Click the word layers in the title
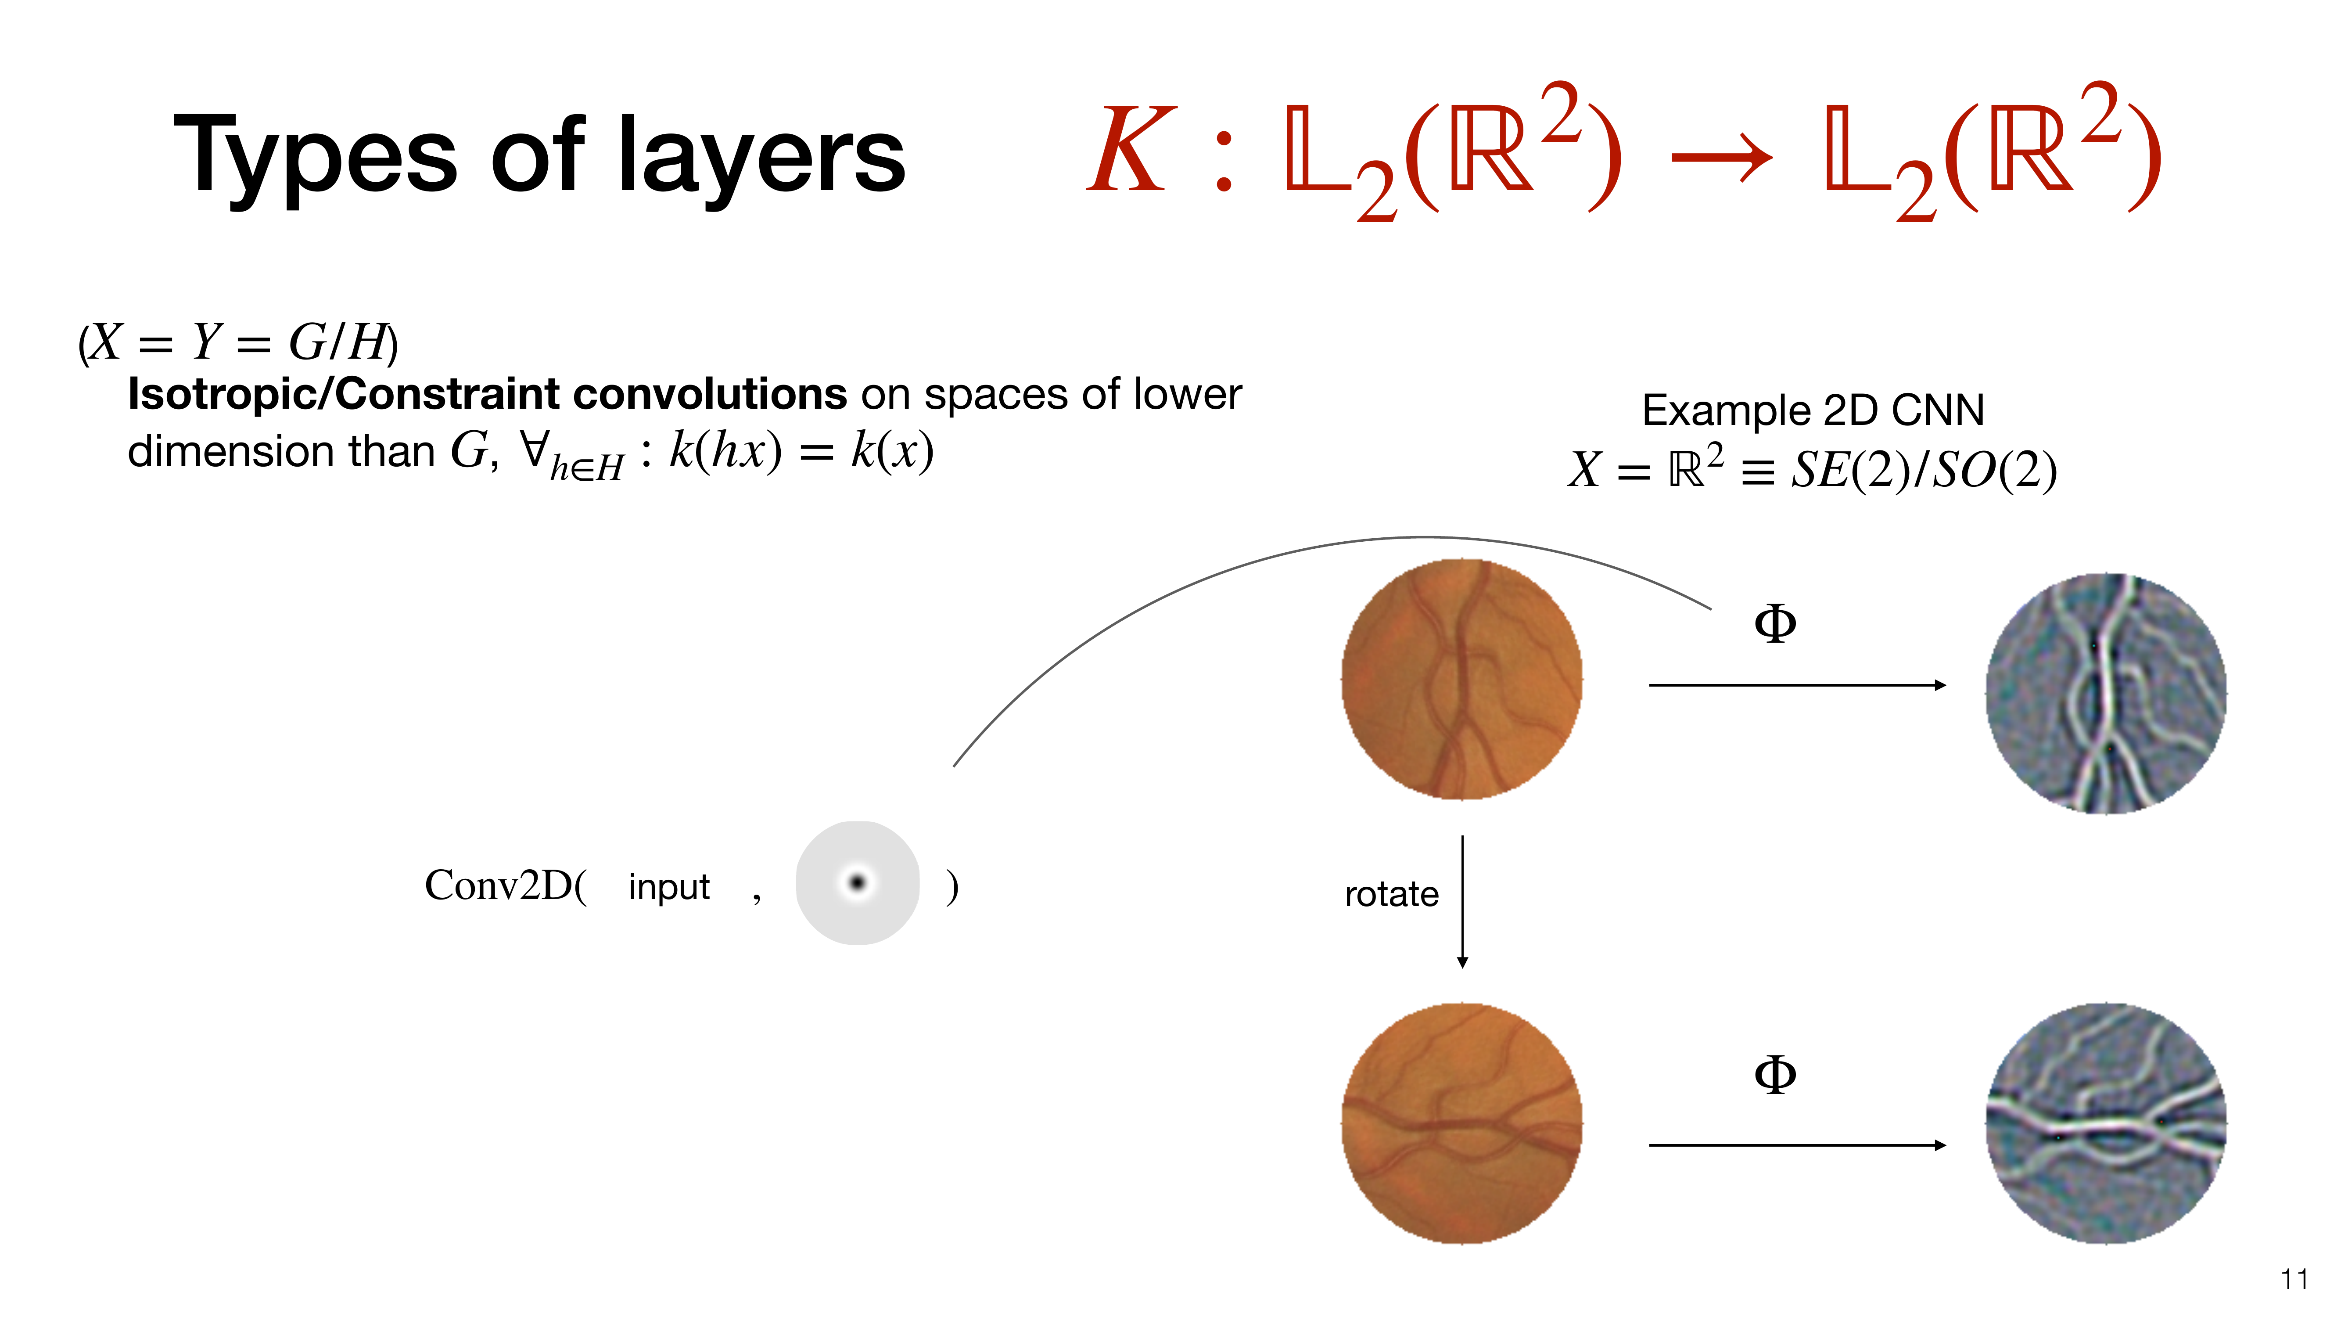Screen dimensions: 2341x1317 761,156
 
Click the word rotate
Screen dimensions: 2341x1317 1391,894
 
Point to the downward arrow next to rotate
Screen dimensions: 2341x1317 1462,902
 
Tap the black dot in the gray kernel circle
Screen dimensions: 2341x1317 857,882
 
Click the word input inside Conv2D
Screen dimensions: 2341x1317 669,886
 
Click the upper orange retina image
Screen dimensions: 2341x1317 1462,679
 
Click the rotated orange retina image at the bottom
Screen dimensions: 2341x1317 1462,1123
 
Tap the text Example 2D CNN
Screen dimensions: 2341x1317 1813,410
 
